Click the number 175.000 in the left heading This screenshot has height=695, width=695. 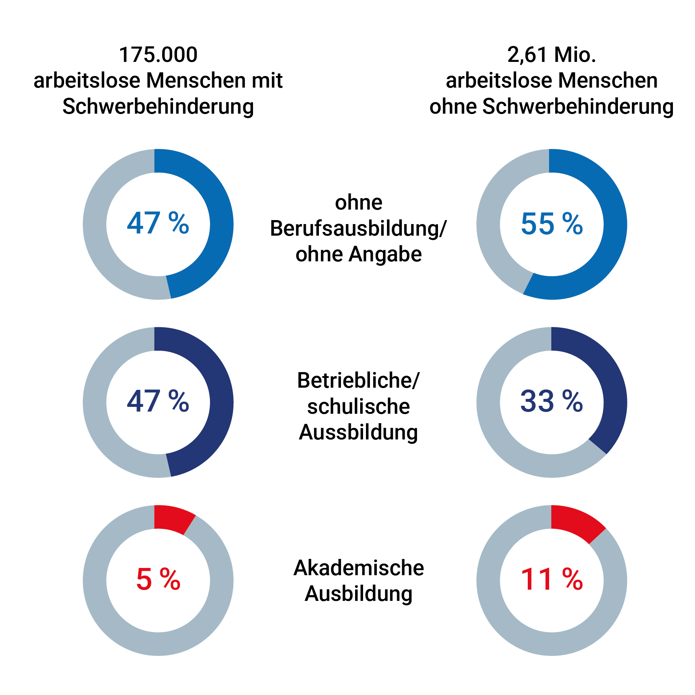tap(158, 55)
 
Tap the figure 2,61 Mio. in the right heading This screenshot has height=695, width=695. tap(551, 55)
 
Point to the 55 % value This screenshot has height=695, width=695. tap(552, 224)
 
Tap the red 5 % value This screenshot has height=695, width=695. tap(158, 579)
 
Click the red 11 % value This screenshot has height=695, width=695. tap(552, 579)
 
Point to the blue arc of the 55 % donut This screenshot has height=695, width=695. tap(612, 232)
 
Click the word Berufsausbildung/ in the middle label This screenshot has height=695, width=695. tap(358, 229)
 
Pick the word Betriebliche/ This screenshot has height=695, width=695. tap(358, 381)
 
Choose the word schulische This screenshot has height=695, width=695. tap(358, 407)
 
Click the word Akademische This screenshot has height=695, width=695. tap(358, 568)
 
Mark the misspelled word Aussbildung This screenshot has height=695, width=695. tap(358, 432)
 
